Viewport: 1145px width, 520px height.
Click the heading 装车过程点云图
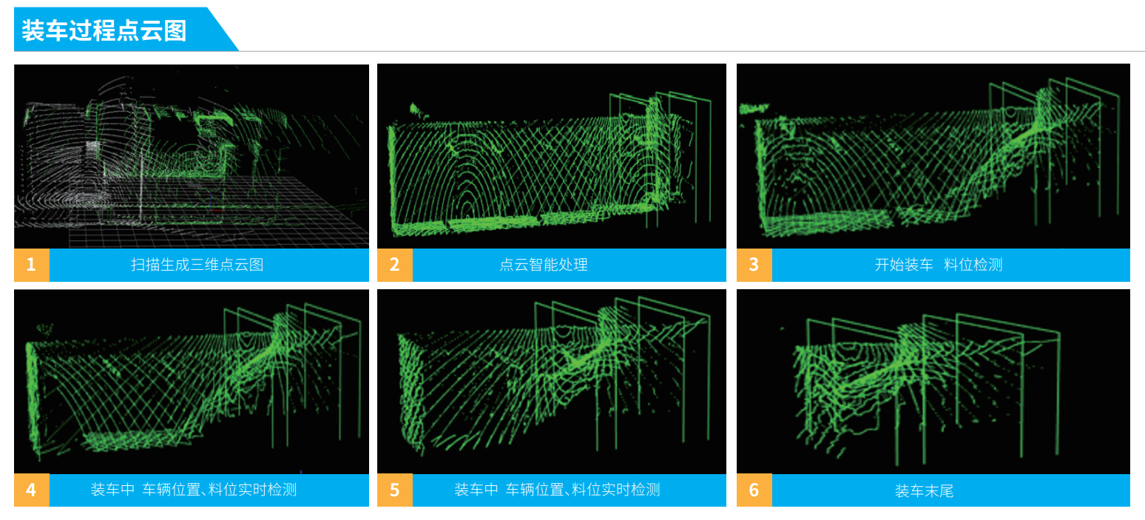(x=104, y=30)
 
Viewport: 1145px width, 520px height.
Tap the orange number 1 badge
(x=32, y=265)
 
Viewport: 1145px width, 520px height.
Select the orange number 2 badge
(x=395, y=265)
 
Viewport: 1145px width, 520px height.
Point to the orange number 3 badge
(x=754, y=265)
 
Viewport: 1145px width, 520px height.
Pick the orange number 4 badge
(x=32, y=490)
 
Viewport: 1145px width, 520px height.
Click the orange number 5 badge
(x=395, y=490)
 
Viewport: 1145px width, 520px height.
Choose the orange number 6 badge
(x=754, y=490)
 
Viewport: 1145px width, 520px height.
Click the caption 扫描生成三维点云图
(x=197, y=265)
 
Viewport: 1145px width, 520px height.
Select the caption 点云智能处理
(x=544, y=265)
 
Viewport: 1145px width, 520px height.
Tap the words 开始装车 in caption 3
(x=904, y=265)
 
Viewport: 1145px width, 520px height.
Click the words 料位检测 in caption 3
(x=973, y=265)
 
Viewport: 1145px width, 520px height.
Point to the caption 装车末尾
(x=924, y=491)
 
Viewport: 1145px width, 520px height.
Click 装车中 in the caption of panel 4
(x=112, y=490)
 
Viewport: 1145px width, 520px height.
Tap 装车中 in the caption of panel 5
(x=476, y=490)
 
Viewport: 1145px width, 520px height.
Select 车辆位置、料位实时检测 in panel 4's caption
(x=219, y=490)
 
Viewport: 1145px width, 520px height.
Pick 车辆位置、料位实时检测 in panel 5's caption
(x=583, y=490)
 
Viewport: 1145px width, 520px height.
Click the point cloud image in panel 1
(x=192, y=157)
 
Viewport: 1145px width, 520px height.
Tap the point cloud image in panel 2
(x=552, y=157)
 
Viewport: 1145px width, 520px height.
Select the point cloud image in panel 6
(x=933, y=382)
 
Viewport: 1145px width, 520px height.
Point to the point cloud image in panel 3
(x=933, y=157)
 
